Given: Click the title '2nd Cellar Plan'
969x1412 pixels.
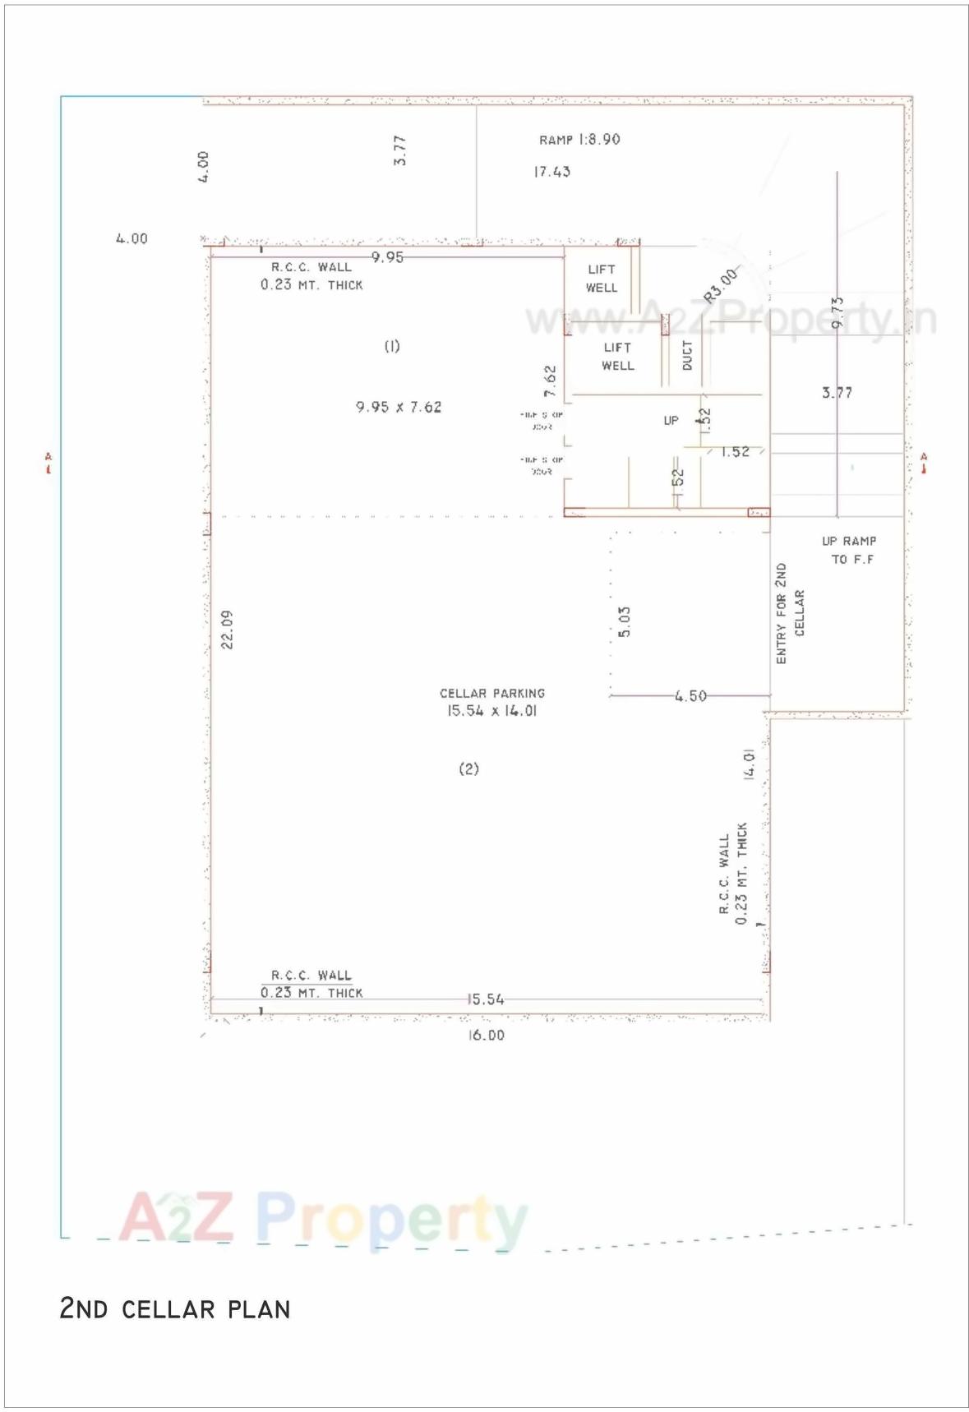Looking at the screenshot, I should [x=174, y=1308].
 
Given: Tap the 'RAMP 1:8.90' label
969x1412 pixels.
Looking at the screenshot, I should [x=579, y=140].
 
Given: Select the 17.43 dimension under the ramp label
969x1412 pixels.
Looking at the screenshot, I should [x=551, y=172].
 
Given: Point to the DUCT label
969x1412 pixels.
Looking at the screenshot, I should [x=687, y=356].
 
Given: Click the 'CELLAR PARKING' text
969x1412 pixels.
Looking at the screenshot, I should [x=491, y=693].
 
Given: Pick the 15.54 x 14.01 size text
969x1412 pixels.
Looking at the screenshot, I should [x=491, y=711].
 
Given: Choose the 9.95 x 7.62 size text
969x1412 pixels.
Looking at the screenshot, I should [x=399, y=407].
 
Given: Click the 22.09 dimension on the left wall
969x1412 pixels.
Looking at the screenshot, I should [x=228, y=629].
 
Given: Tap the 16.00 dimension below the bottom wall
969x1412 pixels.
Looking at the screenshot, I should [x=486, y=1036].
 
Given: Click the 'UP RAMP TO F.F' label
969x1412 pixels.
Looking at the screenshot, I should [x=850, y=550].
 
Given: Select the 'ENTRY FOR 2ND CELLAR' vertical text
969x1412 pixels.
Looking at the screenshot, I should [x=789, y=613].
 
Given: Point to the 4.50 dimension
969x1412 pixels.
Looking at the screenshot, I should [x=690, y=696].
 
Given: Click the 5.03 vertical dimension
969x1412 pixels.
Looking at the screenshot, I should [x=625, y=622].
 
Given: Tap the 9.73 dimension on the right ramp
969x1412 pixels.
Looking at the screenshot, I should [x=837, y=312].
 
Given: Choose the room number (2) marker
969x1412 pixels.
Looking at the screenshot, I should [x=468, y=768].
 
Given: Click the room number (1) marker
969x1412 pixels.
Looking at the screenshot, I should [x=392, y=346].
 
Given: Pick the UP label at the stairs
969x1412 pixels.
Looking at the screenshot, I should [x=671, y=420].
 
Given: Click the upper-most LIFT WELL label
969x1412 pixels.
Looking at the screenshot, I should [x=602, y=279].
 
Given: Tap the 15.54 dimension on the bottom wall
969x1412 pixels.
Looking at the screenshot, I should [x=486, y=999].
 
